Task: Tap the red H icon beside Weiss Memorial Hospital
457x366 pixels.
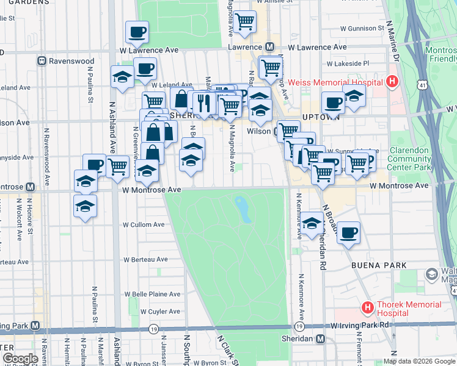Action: pyautogui.click(x=392, y=82)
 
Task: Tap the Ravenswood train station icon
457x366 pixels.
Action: pyautogui.click(x=42, y=61)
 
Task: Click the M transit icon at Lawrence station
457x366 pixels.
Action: pyautogui.click(x=269, y=47)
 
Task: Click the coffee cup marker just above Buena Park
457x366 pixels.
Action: pyautogui.click(x=348, y=232)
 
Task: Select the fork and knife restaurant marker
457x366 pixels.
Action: pyautogui.click(x=204, y=102)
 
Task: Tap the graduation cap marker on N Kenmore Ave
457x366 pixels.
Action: pyautogui.click(x=312, y=223)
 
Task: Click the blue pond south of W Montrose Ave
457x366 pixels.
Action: pyautogui.click(x=243, y=209)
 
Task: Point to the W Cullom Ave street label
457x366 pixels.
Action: pyautogui.click(x=144, y=224)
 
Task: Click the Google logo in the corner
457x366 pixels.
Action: pyautogui.click(x=20, y=359)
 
